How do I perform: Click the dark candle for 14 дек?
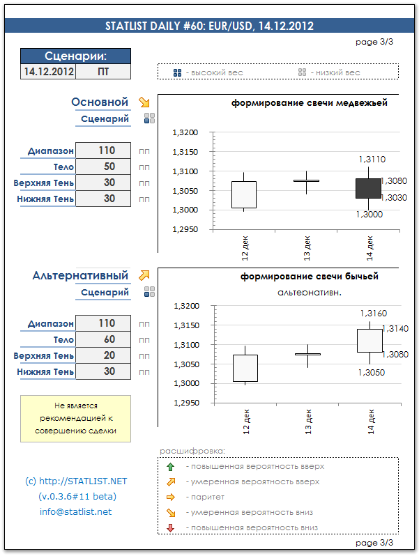pos(368,188)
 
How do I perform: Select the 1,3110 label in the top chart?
pos(372,160)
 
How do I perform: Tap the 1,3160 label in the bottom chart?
pos(373,314)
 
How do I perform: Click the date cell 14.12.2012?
pos(49,71)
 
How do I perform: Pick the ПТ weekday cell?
pos(103,71)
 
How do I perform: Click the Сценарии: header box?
pos(75,56)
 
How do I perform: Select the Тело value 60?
pos(103,339)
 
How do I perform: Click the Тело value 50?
pos(103,167)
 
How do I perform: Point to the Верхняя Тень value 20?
pos(103,355)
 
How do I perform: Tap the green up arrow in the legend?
pos(172,467)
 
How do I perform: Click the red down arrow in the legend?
pos(172,527)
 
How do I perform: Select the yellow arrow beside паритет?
pos(172,497)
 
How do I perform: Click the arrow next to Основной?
pos(144,102)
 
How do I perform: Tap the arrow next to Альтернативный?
pos(144,275)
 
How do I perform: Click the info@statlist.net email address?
pos(75,512)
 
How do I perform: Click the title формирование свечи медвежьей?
pos(309,103)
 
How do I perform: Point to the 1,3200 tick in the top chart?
pos(185,132)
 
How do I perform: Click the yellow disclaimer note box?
pos(75,419)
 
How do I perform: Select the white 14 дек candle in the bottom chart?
pos(370,340)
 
